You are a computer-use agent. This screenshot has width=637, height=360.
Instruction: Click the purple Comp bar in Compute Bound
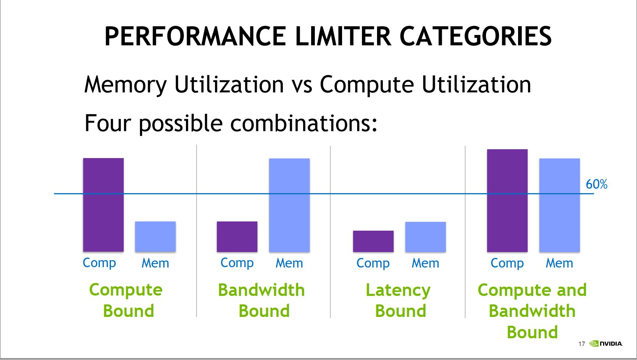103,205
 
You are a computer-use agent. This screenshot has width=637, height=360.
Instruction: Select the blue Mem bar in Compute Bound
155,237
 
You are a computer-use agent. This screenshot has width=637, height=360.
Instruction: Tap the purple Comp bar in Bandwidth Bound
237,237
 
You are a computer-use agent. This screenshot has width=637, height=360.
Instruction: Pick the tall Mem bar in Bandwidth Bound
289,205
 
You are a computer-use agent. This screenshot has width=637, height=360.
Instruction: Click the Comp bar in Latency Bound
373,241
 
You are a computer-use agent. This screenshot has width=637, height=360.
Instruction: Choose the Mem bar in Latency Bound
426,237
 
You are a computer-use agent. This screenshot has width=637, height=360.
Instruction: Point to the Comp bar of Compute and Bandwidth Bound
507,200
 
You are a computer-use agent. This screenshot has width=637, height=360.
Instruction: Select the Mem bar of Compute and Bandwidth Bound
560,205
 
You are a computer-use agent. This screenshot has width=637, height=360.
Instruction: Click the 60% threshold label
596,184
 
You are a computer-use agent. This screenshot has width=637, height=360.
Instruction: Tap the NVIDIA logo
606,343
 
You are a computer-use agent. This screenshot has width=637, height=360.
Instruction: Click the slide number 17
582,344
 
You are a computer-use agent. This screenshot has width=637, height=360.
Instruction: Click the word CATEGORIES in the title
475,36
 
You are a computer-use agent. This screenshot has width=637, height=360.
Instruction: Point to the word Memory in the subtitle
126,85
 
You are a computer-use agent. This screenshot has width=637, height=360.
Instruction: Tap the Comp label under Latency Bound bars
373,263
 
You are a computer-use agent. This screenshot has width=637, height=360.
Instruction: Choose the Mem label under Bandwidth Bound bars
289,263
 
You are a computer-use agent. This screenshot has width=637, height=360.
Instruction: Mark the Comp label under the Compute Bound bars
99,263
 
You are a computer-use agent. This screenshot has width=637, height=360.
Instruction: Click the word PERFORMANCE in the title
195,36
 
